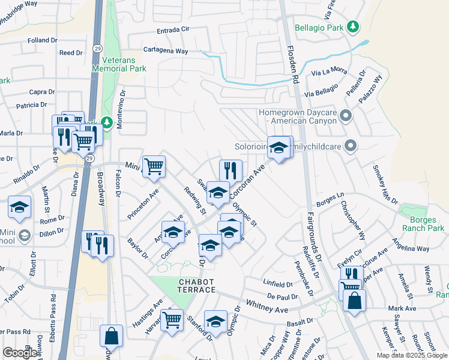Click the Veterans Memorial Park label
119,64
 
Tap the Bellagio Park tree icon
354,27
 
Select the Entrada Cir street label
173,30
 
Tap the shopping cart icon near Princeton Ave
154,166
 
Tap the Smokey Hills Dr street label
385,184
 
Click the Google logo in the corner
20,353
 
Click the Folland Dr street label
42,41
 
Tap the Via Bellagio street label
322,94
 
